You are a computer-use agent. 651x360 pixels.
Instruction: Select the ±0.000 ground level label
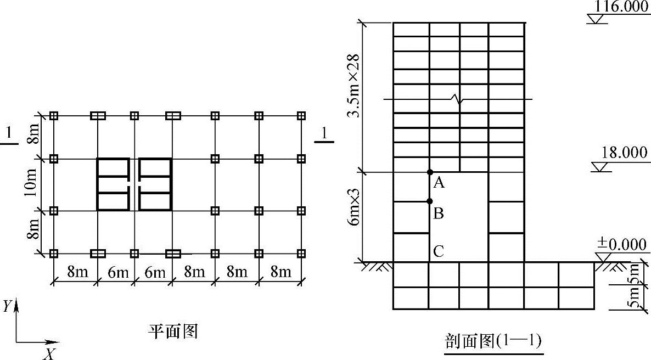(x=621, y=244)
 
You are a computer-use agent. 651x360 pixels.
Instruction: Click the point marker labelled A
(x=430, y=172)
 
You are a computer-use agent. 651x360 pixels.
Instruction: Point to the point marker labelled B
(x=430, y=201)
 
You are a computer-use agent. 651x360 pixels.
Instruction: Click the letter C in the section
(x=438, y=251)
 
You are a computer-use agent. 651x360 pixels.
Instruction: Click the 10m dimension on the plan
(x=32, y=184)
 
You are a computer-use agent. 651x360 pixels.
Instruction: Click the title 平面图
(x=172, y=331)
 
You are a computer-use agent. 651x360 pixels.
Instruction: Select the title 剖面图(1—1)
(x=492, y=341)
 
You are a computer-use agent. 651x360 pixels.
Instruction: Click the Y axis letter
(x=7, y=306)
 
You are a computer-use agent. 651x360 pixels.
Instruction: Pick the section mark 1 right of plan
(x=325, y=133)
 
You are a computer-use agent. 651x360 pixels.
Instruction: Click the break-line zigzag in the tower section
(x=457, y=99)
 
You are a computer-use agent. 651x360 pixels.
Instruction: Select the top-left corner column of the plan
(x=54, y=116)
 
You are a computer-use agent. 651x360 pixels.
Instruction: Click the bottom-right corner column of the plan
(x=301, y=253)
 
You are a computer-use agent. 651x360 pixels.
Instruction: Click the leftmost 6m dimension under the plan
(x=115, y=272)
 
